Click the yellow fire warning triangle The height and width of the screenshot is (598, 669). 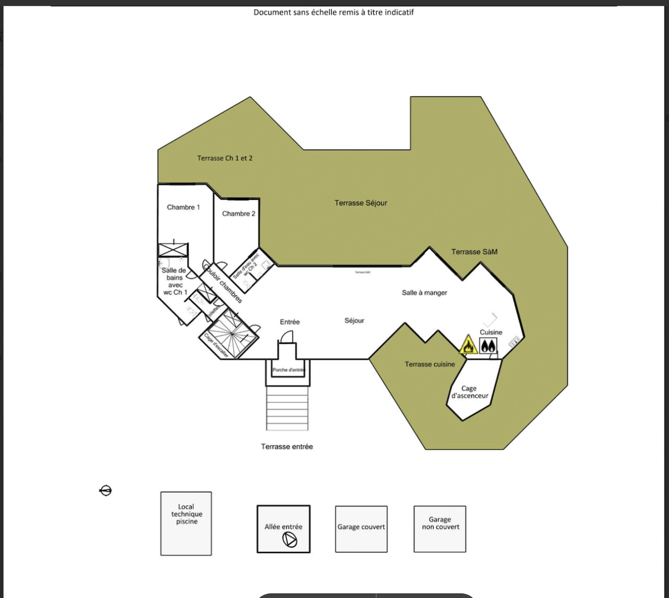tap(468, 346)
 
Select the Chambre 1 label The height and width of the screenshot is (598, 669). tap(183, 207)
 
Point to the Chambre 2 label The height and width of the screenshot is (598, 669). tap(239, 214)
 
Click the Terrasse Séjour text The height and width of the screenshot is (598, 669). tap(361, 203)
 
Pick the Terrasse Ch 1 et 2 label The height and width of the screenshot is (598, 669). tap(225, 158)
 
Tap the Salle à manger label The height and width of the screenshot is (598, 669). tap(424, 293)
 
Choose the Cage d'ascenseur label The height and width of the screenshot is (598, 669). tap(470, 392)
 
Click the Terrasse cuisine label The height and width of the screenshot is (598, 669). tap(430, 364)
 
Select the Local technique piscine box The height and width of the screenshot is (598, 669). tap(186, 523)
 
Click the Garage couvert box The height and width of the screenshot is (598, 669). tap(361, 529)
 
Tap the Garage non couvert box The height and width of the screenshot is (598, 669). tap(440, 529)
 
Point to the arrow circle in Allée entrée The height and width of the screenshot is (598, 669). tap(290, 539)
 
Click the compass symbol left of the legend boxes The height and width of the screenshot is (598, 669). tap(106, 491)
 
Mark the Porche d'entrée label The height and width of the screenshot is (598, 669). tap(289, 370)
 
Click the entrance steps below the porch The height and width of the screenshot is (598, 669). tap(287, 408)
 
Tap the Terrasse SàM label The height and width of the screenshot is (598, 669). tap(474, 252)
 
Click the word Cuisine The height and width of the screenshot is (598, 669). tap(491, 333)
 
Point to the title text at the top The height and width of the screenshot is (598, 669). tap(333, 12)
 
